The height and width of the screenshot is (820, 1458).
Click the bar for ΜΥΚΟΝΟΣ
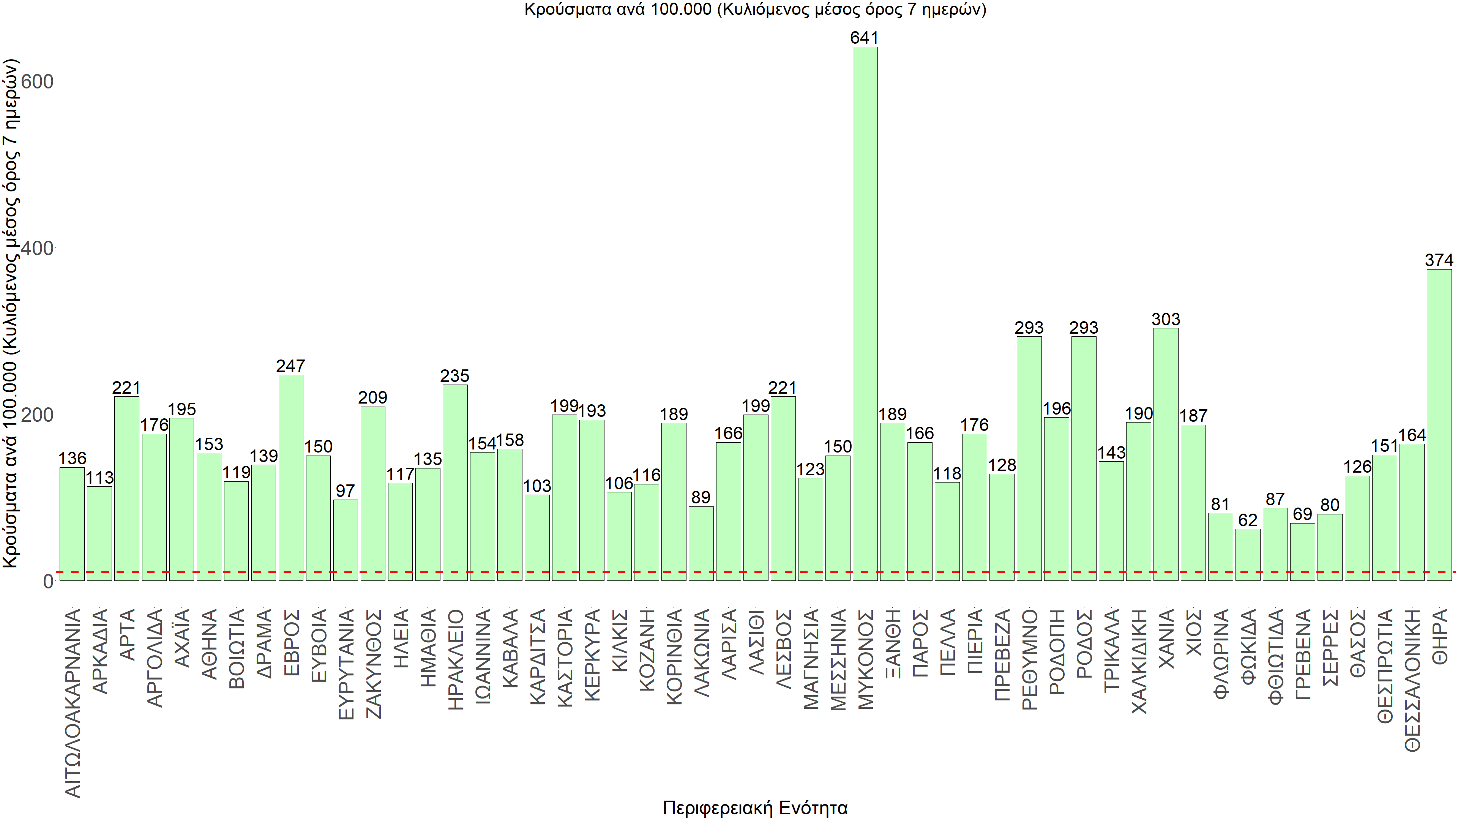(x=865, y=314)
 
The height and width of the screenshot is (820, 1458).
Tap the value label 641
(x=864, y=38)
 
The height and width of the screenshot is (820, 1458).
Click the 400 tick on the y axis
(x=37, y=248)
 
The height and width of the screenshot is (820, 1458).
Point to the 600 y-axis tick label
(x=37, y=82)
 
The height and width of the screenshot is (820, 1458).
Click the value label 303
(x=1165, y=320)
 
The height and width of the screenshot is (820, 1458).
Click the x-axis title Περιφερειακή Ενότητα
(x=755, y=807)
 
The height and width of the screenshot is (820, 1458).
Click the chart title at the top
(x=755, y=9)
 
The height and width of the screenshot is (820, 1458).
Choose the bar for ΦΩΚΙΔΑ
(x=1247, y=555)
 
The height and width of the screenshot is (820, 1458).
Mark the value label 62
(x=1247, y=520)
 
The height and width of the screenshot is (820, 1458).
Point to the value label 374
(x=1439, y=260)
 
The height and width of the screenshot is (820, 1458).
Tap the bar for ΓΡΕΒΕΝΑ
(x=1302, y=552)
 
